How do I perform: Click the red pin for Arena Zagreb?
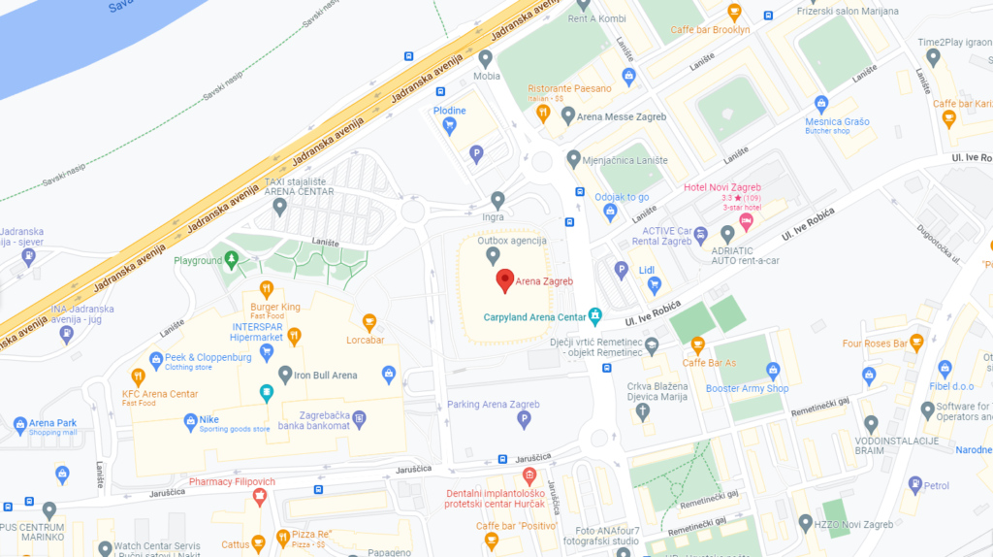tap(504, 281)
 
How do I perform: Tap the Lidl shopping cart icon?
tap(654, 284)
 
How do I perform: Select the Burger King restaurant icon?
tap(267, 288)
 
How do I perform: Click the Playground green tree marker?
tap(231, 259)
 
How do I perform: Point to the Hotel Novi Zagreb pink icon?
tap(746, 222)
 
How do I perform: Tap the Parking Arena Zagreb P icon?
tap(524, 420)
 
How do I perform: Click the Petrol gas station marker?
tap(911, 485)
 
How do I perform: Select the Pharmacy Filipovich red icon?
tap(259, 497)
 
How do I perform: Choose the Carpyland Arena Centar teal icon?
tap(595, 316)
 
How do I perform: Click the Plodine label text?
tap(449, 111)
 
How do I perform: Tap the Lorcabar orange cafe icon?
tap(368, 322)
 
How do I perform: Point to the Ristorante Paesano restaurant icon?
tap(543, 114)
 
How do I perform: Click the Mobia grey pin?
tap(486, 57)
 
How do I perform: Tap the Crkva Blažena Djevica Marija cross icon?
tap(642, 411)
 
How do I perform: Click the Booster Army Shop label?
tap(747, 388)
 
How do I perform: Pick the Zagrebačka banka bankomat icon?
tap(359, 419)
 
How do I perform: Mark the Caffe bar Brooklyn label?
tap(710, 30)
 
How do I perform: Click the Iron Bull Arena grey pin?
tap(284, 375)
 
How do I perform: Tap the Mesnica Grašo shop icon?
tap(821, 104)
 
